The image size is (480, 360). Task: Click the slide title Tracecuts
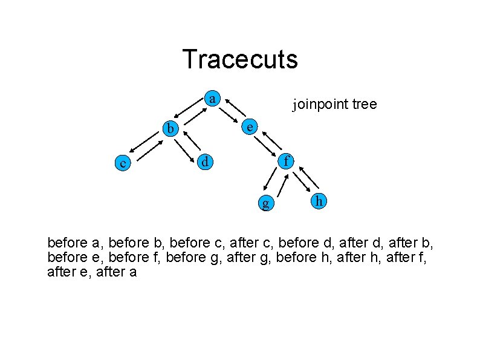240,59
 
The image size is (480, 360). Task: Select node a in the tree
212,98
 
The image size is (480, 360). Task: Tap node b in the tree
172,128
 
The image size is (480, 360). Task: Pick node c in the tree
123,163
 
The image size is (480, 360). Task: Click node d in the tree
206,162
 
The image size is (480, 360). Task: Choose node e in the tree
248,126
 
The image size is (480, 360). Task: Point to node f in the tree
287,161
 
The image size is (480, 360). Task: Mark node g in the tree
265,202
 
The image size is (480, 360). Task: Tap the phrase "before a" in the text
73,243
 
